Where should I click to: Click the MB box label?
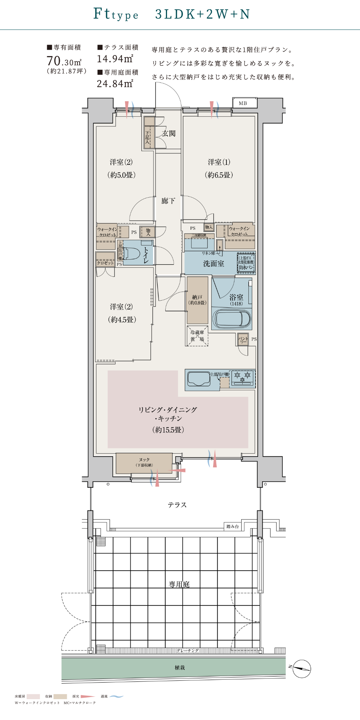click(243, 103)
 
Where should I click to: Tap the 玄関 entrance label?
click(168, 134)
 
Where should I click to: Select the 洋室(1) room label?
click(219, 162)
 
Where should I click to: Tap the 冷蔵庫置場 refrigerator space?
click(197, 336)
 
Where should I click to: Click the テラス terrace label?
click(177, 505)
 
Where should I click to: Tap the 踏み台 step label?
click(233, 526)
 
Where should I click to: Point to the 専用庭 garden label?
click(179, 584)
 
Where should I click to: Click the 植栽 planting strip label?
click(180, 667)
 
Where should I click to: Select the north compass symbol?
click(301, 669)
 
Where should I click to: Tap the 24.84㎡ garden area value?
click(115, 84)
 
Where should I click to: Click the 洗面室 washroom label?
click(213, 264)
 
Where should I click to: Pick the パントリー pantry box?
click(243, 339)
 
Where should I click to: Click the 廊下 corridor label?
click(168, 201)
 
